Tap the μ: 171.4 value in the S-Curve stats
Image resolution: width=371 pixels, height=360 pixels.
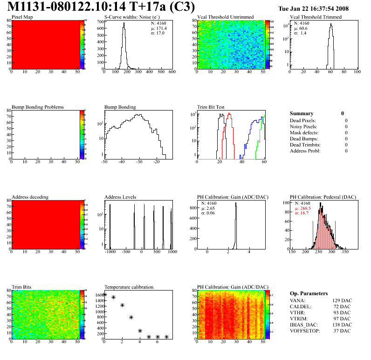(x=158, y=28)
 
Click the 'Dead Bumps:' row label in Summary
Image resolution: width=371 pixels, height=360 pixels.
(x=303, y=138)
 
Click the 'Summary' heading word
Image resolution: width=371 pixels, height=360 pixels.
(x=302, y=113)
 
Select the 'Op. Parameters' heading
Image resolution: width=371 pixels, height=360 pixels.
(x=309, y=293)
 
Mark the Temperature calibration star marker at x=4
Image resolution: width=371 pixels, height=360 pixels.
(x=140, y=331)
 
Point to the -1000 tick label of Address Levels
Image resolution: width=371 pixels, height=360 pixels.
(x=110, y=252)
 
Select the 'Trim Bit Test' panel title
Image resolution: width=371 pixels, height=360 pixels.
(x=211, y=107)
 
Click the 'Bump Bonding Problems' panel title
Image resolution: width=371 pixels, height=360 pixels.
(x=38, y=107)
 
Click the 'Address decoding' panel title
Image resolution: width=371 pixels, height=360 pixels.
(x=30, y=197)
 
